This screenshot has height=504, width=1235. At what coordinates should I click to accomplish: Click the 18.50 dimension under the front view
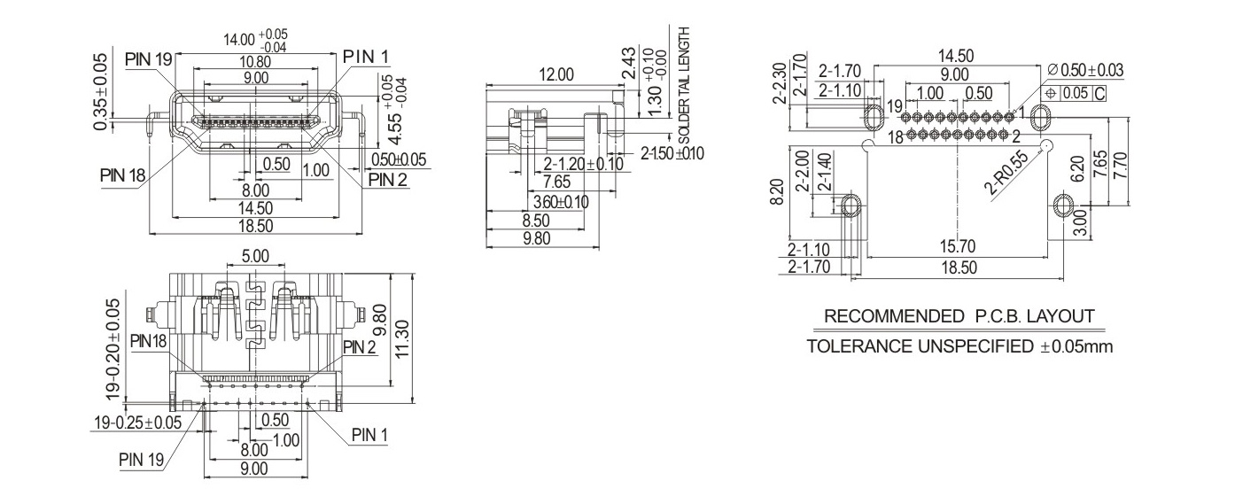pos(255,226)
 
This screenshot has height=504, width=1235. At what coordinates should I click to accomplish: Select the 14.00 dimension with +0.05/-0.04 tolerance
pos(255,40)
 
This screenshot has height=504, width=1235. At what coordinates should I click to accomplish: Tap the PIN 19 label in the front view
pos(149,59)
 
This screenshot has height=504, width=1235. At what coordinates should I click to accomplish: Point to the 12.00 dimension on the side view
pos(556,74)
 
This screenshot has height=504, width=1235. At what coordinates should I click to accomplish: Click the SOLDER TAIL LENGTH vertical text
pos(684,85)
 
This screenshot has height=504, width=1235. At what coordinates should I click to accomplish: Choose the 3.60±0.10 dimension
pos(561,202)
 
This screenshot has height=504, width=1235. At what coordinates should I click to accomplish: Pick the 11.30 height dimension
pos(403,338)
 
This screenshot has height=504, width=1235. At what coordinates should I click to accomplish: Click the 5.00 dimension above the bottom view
pos(255,256)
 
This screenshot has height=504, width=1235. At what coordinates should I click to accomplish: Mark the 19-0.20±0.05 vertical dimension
pos(113,349)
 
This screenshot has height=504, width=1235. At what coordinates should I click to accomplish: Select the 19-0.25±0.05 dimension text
pos(138,423)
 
